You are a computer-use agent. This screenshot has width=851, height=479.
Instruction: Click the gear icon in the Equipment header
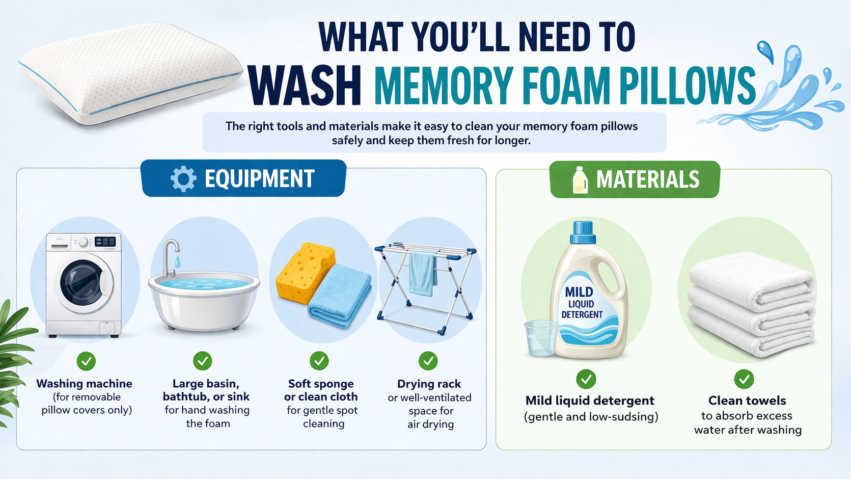coord(183,179)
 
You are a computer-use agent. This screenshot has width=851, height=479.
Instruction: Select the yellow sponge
coord(305,272)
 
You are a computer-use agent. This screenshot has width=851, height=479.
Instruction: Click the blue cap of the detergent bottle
coord(583,232)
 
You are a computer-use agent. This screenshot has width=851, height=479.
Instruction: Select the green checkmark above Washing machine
coord(86,361)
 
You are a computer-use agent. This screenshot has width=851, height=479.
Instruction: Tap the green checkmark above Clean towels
coord(744,379)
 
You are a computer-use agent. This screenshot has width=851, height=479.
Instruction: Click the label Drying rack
coord(429,384)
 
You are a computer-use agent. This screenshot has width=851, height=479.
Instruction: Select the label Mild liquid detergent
coord(590,401)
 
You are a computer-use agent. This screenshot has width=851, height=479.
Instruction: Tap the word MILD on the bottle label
coord(579,292)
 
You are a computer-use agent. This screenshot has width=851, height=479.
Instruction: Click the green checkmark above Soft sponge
coord(319,361)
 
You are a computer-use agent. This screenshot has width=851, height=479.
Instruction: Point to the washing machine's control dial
coord(83,243)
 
